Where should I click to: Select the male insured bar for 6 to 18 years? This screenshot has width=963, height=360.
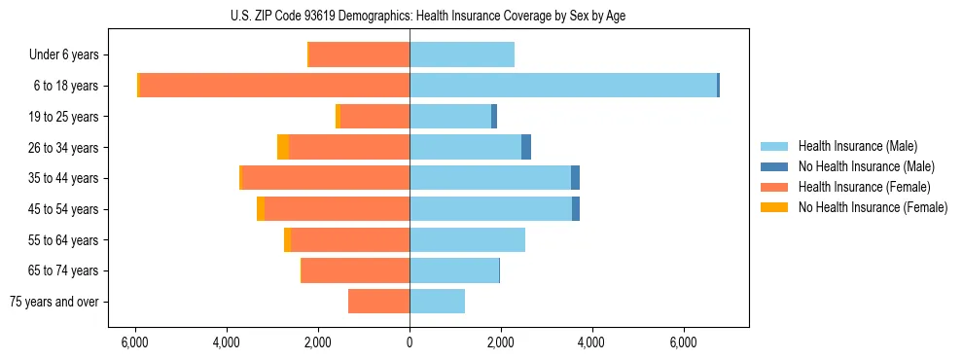(x=563, y=86)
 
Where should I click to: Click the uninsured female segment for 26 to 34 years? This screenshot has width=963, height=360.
(x=283, y=147)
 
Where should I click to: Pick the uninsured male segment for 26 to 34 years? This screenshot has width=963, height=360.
(x=526, y=147)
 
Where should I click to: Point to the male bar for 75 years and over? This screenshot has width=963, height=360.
(x=437, y=302)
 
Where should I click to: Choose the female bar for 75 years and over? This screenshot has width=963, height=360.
(x=378, y=302)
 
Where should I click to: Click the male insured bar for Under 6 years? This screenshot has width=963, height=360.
(x=462, y=54)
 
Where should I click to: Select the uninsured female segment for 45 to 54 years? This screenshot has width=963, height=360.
(x=261, y=209)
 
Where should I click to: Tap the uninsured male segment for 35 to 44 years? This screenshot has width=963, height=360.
(x=576, y=178)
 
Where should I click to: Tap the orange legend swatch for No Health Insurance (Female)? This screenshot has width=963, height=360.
(x=775, y=207)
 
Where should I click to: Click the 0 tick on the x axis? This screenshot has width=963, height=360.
(x=410, y=342)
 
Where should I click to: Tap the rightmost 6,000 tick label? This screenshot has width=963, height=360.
(x=683, y=342)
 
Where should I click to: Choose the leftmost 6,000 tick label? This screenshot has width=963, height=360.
(x=134, y=342)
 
